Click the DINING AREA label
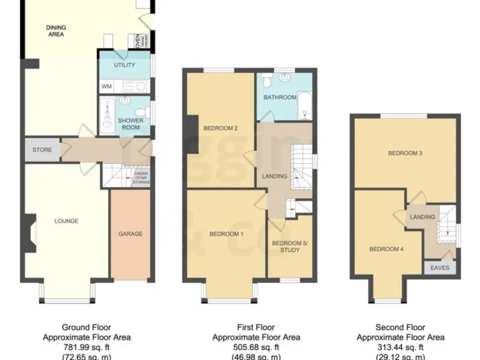[56, 31]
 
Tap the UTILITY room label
[124, 65]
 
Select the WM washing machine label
[106, 86]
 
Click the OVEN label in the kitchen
[137, 41]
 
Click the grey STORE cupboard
[42, 150]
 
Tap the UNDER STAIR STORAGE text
[140, 177]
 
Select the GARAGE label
[130, 234]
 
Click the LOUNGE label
[66, 221]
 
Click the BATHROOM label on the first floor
[279, 97]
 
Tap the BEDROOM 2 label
[221, 129]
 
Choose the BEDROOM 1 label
[226, 234]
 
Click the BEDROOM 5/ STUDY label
[286, 246]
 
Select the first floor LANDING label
[274, 176]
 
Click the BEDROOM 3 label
[405, 153]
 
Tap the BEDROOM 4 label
[386, 249]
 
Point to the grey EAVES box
[440, 267]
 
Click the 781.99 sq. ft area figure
[96, 347]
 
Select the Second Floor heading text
[400, 327]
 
